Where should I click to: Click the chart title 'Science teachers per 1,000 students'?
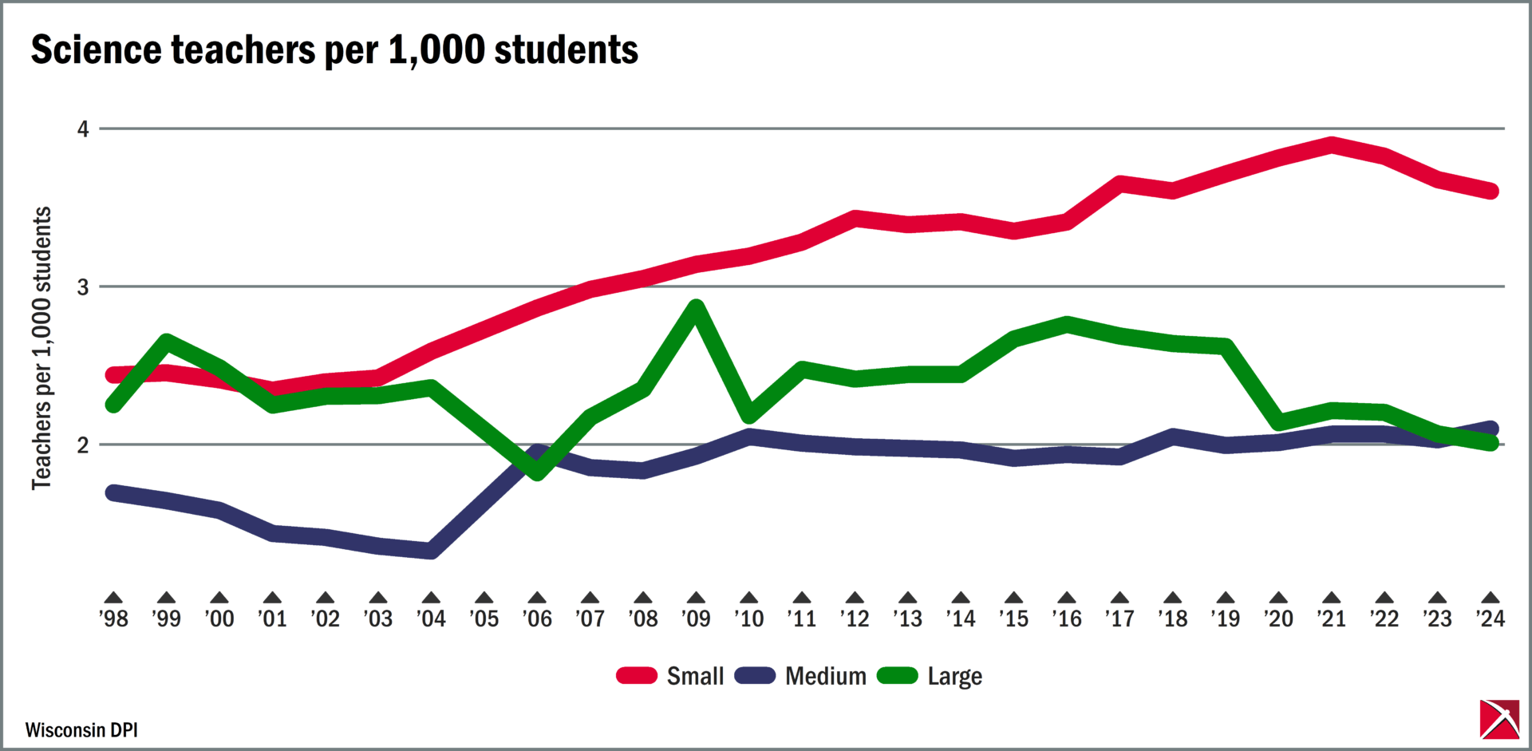tap(334, 50)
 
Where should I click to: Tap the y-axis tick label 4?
tap(83, 128)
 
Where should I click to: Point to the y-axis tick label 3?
tap(83, 287)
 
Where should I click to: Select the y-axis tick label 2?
tap(83, 445)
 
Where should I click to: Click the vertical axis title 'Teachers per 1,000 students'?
tap(41, 348)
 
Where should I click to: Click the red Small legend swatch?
tap(636, 676)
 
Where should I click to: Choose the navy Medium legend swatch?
tap(755, 676)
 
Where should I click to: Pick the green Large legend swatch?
tap(897, 676)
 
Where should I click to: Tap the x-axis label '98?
tap(113, 619)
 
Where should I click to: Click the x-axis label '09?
tap(696, 619)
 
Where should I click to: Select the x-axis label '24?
tap(1490, 619)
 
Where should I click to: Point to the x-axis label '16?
tap(1067, 619)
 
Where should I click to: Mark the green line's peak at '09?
tap(696, 307)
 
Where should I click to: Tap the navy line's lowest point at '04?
tap(431, 550)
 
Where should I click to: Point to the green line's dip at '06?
tap(537, 472)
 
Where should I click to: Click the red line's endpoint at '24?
tap(1490, 191)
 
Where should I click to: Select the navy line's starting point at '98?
tap(113, 492)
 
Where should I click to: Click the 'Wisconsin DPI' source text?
tap(81, 730)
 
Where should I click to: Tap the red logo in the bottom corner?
tap(1499, 719)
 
